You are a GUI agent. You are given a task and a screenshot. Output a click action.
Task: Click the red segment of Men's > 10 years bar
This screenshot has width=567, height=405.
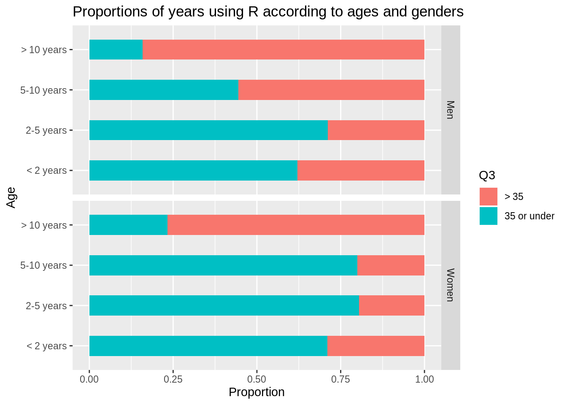click(x=283, y=50)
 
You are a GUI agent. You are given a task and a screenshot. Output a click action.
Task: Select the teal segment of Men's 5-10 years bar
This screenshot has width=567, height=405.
click(x=164, y=90)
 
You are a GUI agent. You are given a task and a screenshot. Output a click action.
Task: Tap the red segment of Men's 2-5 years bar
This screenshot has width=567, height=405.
click(x=376, y=130)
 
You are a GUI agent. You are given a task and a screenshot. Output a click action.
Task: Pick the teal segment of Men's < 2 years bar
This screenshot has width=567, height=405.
click(x=193, y=170)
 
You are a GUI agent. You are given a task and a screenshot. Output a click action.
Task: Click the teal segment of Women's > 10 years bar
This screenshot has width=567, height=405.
click(x=128, y=225)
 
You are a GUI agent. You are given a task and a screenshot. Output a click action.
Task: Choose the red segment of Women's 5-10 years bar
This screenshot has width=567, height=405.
click(x=391, y=265)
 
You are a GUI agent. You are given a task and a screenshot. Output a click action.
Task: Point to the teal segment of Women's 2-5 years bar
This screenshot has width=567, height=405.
click(x=224, y=305)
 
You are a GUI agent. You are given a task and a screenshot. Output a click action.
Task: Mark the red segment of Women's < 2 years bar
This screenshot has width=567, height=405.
click(x=375, y=346)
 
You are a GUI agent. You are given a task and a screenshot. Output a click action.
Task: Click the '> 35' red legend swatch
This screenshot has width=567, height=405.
click(x=488, y=197)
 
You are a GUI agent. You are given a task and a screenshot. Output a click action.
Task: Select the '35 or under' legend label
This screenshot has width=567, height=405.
click(x=529, y=216)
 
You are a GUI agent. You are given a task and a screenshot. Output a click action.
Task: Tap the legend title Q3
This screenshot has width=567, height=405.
click(x=487, y=175)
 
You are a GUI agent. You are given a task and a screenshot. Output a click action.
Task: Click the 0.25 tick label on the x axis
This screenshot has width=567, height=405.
click(x=173, y=379)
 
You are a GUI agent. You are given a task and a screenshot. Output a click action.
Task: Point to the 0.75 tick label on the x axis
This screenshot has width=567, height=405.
click(x=340, y=379)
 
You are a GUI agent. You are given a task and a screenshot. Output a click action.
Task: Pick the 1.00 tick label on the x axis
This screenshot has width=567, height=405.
click(x=424, y=379)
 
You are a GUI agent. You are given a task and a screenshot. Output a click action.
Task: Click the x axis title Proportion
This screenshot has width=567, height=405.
click(x=256, y=392)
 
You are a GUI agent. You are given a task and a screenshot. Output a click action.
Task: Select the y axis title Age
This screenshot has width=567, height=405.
click(x=11, y=197)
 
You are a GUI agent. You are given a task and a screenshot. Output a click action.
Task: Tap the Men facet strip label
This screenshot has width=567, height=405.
click(x=450, y=110)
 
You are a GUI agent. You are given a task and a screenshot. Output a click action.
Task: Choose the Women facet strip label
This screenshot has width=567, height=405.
click(x=450, y=285)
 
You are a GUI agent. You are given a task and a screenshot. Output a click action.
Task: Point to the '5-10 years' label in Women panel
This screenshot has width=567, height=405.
click(x=43, y=265)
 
